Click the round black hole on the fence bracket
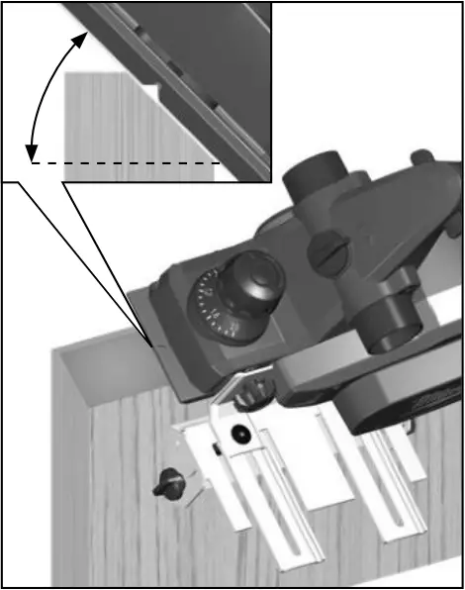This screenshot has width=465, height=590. coord(238,434)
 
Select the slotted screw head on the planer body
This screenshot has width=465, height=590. coord(327,252)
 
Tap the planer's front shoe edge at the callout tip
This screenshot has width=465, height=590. coord(151,344)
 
